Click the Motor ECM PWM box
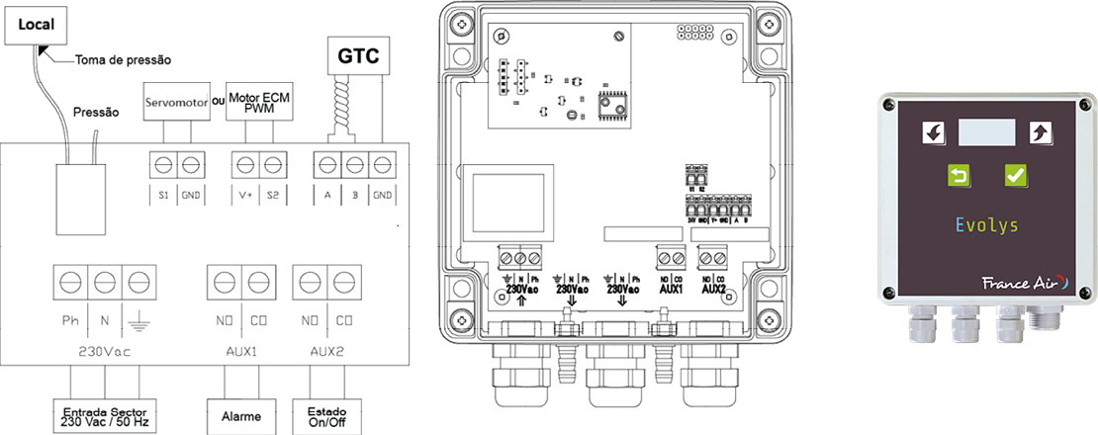click(x=258, y=103)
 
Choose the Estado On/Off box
click(x=325, y=414)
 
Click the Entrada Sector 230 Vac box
click(x=105, y=414)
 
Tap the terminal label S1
click(x=162, y=196)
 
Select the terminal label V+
click(x=244, y=196)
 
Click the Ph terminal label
click(x=71, y=321)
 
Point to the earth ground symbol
click(x=137, y=322)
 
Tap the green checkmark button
click(x=1015, y=176)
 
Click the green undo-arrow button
click(x=959, y=176)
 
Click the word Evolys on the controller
click(x=986, y=225)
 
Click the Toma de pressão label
click(x=123, y=59)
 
